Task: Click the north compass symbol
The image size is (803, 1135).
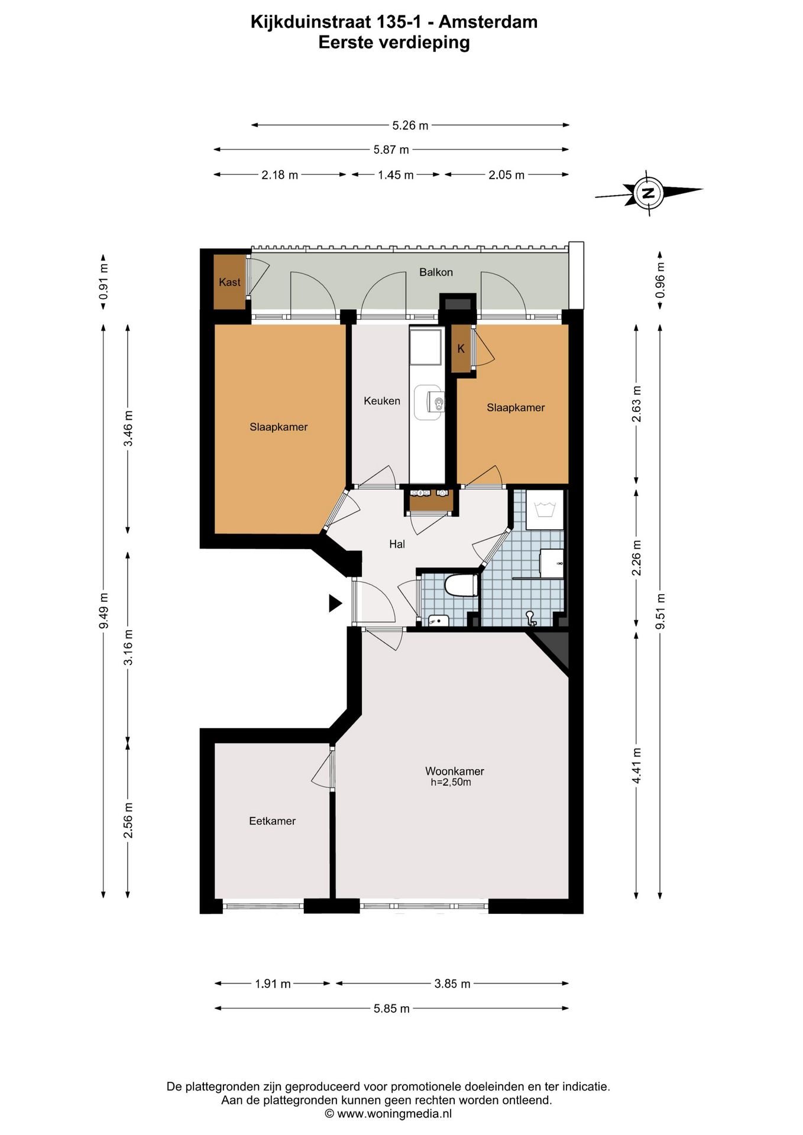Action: [649, 193]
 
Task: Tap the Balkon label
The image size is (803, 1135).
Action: [436, 272]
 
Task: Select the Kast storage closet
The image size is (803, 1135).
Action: [229, 281]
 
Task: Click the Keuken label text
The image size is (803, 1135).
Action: [382, 401]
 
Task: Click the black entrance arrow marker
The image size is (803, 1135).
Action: [335, 603]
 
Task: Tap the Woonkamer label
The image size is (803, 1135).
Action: [455, 771]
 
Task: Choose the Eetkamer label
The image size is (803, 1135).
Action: [272, 821]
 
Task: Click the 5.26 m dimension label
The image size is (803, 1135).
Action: [410, 125]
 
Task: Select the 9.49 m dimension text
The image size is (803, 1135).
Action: [103, 611]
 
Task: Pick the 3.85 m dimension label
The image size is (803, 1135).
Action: [452, 984]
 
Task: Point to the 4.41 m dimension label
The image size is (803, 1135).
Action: [637, 766]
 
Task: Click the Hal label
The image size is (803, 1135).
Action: [397, 544]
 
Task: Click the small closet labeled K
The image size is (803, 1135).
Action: [461, 348]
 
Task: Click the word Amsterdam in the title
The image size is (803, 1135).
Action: [488, 22]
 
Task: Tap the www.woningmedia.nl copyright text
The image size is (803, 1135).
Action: [388, 1114]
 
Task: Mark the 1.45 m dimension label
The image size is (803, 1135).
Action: [396, 175]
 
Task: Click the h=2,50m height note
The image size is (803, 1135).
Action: [451, 783]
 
